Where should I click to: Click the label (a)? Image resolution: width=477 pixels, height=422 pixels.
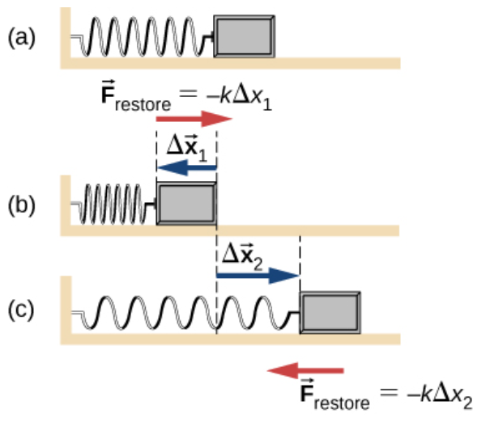21,38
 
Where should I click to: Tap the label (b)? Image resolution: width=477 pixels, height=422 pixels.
21,205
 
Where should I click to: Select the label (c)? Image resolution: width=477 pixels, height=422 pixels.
21,310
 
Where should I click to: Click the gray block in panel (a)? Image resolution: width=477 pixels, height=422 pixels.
245,36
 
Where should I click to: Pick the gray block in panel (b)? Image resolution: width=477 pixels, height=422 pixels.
186,204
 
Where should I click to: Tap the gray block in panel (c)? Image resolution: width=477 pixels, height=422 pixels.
330,312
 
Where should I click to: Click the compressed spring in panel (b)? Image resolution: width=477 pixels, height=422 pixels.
113,204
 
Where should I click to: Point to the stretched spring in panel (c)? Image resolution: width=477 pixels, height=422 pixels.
185,313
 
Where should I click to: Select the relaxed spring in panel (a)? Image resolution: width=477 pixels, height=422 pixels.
143,36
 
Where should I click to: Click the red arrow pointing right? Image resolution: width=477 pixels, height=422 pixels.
194,119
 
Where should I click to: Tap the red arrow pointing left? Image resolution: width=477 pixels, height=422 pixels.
305,370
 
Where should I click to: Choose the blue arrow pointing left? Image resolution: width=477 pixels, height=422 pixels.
187,167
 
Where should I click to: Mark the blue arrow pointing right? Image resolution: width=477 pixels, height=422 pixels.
258,276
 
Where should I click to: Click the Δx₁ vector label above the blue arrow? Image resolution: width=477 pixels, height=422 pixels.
187,147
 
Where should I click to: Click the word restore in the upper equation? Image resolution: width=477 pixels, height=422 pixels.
143,105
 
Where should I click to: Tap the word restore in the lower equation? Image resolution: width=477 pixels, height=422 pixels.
342,403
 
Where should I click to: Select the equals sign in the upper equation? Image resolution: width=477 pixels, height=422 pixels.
189,94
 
